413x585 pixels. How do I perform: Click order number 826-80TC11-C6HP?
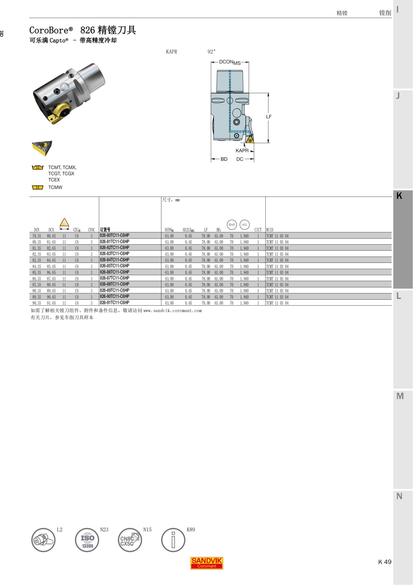point(115,236)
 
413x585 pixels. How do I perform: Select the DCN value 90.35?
point(36,303)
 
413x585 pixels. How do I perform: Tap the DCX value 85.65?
point(51,267)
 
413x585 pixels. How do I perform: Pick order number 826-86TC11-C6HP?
point(115,272)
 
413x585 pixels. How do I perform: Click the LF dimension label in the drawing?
point(269,117)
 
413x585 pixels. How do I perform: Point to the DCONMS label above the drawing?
point(230,62)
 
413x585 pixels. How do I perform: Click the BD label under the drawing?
point(224,159)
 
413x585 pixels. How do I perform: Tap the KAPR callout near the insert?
point(242,151)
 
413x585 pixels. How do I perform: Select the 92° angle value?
point(211,52)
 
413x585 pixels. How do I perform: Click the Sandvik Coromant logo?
point(207,563)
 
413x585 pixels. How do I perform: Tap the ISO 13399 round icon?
point(87,540)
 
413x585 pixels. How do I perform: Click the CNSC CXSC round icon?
point(130,540)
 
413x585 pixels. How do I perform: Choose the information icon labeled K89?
point(173,540)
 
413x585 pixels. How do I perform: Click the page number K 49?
point(385,562)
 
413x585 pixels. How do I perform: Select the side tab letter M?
point(400,396)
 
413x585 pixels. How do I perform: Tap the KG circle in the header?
point(244,225)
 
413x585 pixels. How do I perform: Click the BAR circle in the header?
point(232,225)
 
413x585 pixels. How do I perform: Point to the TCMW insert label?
point(55,187)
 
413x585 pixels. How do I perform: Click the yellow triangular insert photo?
point(42,147)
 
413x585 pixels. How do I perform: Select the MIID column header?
point(270,230)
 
